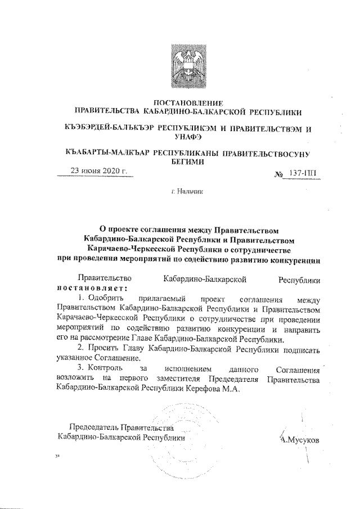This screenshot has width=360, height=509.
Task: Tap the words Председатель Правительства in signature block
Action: click(117, 426)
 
